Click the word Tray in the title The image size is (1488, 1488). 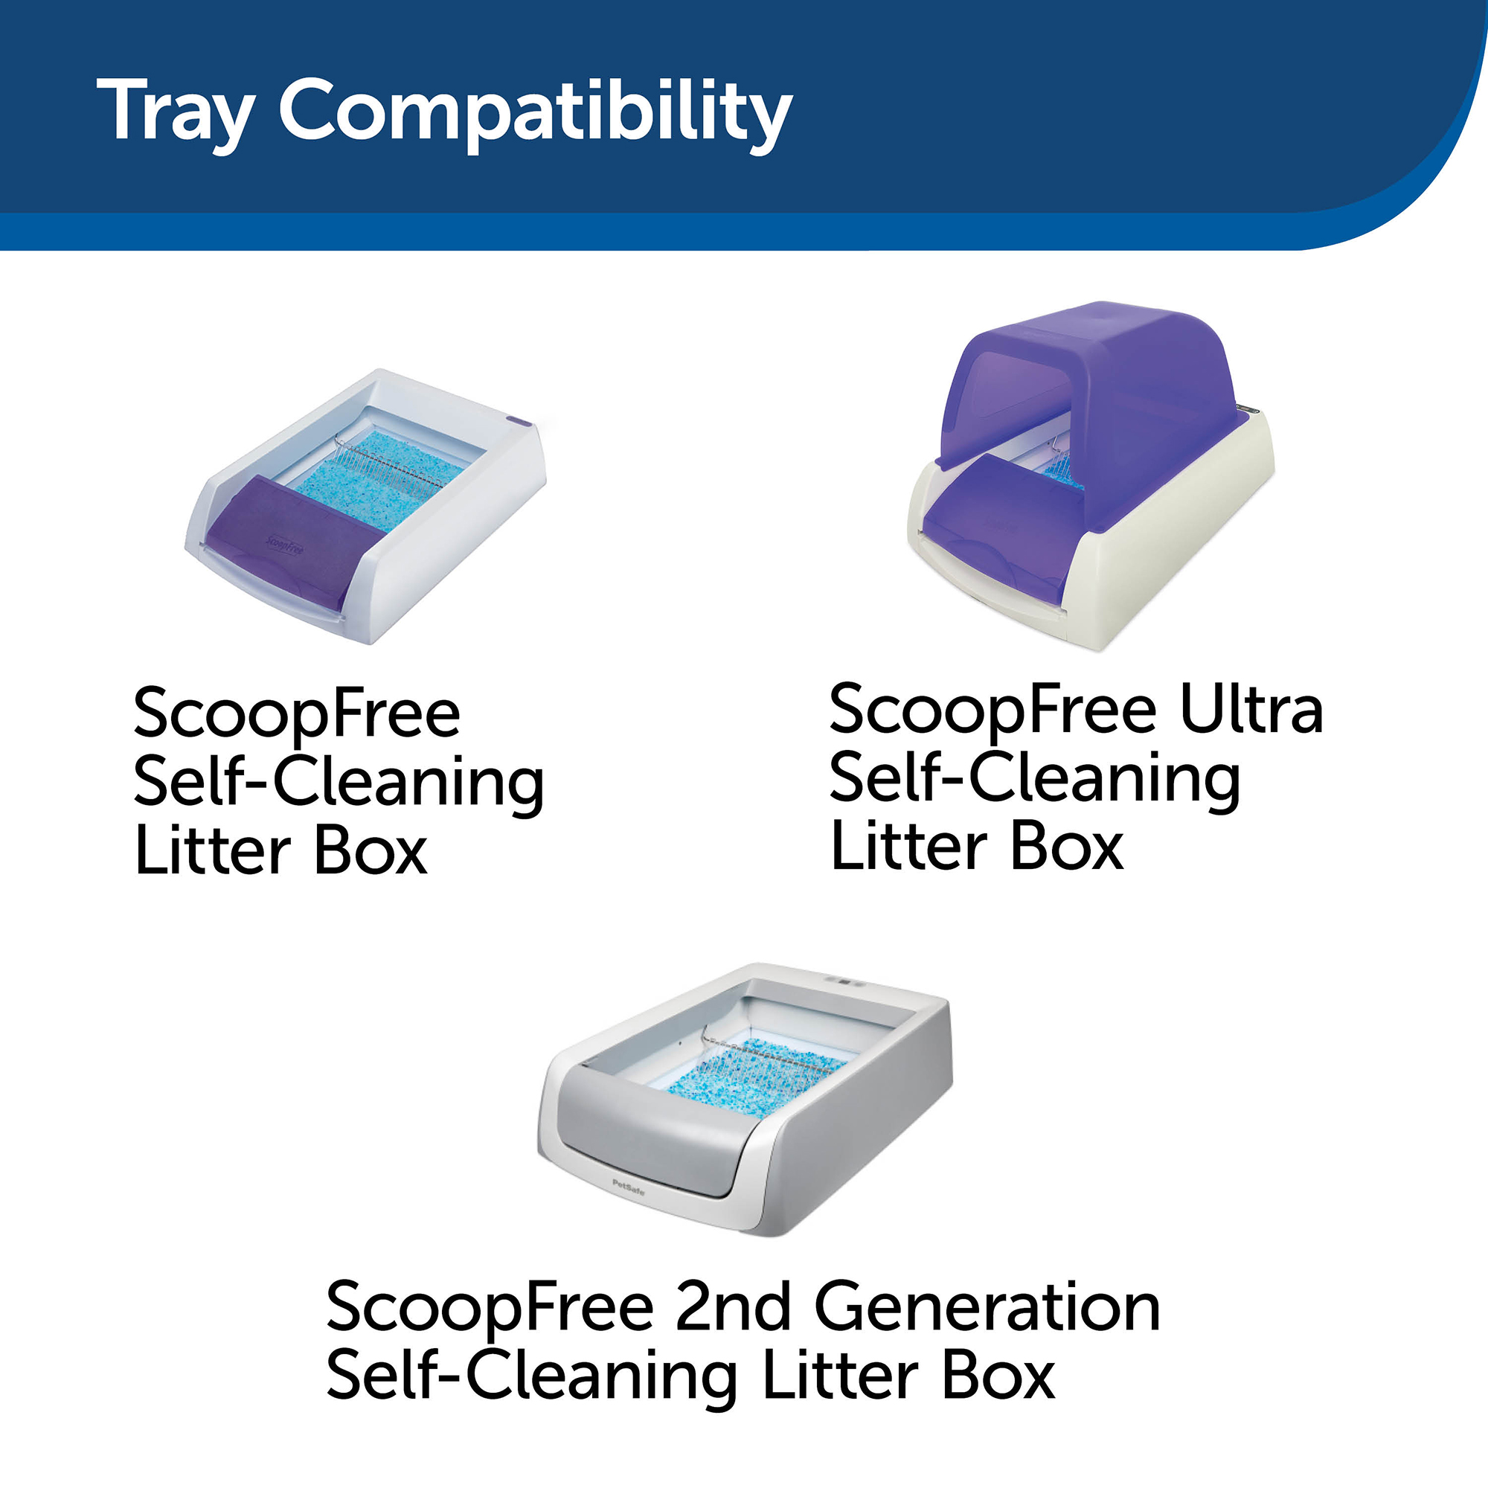(176, 112)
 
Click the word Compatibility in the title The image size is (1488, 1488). (535, 112)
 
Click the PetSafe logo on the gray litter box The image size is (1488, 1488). (629, 1187)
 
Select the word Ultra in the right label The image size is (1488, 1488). (1251, 709)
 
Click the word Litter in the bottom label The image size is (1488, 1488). (839, 1375)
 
